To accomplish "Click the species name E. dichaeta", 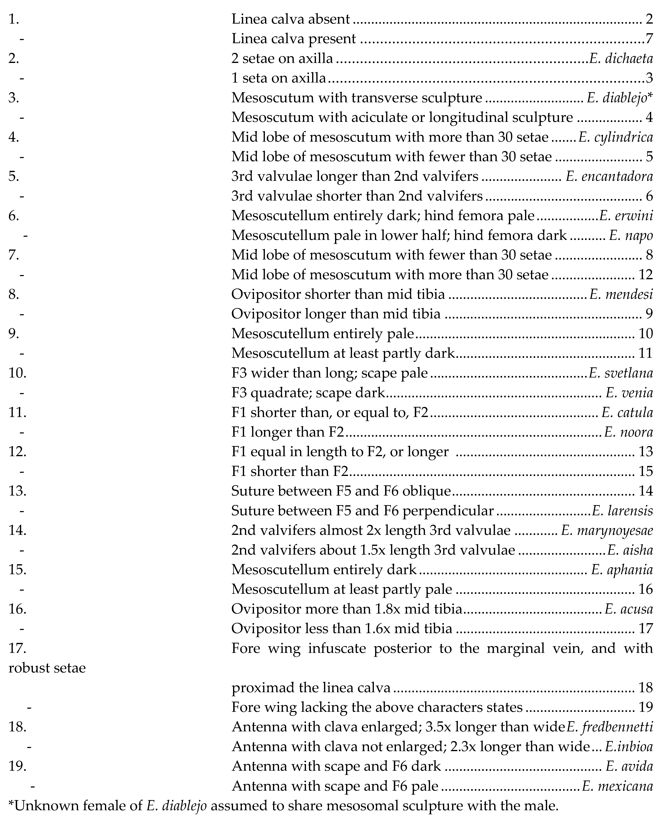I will pyautogui.click(x=621, y=59).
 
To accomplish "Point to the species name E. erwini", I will pyautogui.click(x=626, y=216).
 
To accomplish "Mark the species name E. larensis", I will pyautogui.click(x=622, y=511).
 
